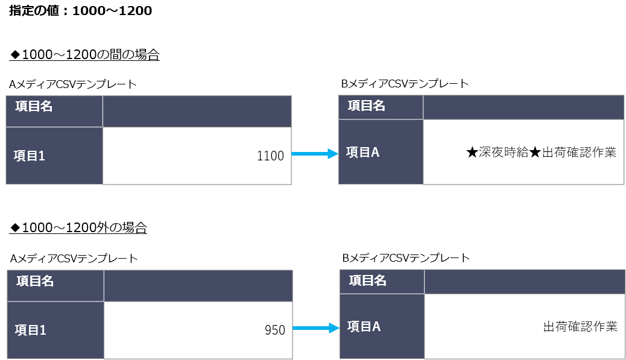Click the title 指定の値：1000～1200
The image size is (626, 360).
[80, 11]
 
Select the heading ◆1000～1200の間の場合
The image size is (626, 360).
[84, 55]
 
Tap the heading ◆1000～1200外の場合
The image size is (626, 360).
[78, 228]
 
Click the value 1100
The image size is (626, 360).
[270, 156]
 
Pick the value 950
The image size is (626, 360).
[275, 330]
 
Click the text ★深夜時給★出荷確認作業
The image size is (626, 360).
[542, 152]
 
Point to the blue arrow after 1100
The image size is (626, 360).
[315, 154]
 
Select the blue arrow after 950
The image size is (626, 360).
[316, 328]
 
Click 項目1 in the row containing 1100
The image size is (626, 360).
[30, 156]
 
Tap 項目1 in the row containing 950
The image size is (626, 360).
[31, 330]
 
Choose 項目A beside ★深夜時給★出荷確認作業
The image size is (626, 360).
[362, 152]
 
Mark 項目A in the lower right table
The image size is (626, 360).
[364, 326]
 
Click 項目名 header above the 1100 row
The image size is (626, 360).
[34, 106]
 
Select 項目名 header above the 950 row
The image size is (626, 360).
[35, 281]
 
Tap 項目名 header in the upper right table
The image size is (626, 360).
[366, 106]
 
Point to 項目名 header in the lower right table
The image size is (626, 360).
[367, 280]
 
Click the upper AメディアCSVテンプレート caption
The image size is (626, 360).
[72, 84]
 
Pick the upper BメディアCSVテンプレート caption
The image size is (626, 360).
[405, 83]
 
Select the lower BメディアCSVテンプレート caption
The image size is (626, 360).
[406, 258]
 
